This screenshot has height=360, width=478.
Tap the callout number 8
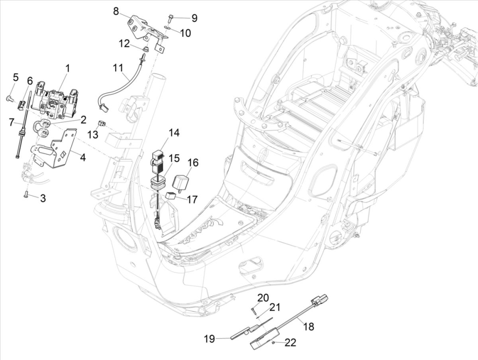pyautogui.click(x=116, y=11)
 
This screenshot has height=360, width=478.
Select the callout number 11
pyautogui.click(x=118, y=68)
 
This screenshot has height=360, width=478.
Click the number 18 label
pyautogui.click(x=309, y=327)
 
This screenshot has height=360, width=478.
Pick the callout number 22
pyautogui.click(x=290, y=343)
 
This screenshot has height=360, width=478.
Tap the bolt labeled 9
pyautogui.click(x=170, y=18)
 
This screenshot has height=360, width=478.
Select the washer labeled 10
pyautogui.click(x=167, y=28)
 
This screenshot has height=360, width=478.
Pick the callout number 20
pyautogui.click(x=263, y=298)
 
